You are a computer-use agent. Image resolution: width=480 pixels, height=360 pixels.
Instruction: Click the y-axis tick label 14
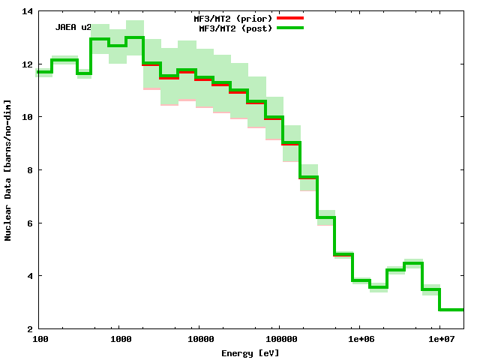pos(27,11)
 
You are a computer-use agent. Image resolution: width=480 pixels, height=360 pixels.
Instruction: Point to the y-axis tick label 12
pos(27,64)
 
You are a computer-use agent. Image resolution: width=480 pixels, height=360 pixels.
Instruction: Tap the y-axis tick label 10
pos(27,117)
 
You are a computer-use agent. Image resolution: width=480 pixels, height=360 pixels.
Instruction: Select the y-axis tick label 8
pos(29,170)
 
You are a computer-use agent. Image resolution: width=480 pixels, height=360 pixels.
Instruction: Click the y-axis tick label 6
pos(29,223)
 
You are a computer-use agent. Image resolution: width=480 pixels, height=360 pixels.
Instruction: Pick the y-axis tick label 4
pos(29,276)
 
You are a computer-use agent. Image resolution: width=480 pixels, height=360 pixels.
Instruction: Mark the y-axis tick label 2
pos(29,328)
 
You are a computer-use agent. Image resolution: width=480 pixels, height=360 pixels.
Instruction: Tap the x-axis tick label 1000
pos(121,340)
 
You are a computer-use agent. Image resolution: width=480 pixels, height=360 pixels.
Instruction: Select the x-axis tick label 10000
pos(199,340)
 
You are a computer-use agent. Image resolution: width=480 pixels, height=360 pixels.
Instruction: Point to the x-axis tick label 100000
pos(279,340)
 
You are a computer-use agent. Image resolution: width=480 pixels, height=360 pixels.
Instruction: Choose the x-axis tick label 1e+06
pos(359,340)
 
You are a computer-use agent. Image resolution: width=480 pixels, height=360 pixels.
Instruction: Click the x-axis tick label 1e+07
pos(439,340)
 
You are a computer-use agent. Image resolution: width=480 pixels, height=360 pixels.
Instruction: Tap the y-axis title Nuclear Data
pos(8,170)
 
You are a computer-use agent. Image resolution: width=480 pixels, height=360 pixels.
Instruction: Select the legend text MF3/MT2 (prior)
pos(233,16)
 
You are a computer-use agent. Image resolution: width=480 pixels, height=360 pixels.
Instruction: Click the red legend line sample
pos(289,16)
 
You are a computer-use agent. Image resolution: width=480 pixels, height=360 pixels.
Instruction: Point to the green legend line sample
pos(289,28)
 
